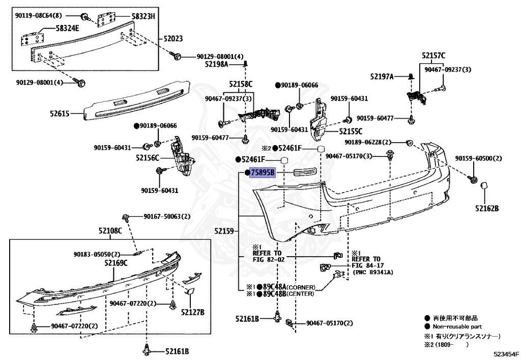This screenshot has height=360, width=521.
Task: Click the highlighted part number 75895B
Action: tap(263, 173)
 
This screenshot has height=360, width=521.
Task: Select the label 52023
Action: tap(173, 38)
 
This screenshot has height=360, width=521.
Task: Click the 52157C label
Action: tap(433, 56)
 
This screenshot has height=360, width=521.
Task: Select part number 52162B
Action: tap(487, 208)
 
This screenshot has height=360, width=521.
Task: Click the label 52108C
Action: tap(110, 231)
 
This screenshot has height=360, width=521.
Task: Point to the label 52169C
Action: tap(116, 263)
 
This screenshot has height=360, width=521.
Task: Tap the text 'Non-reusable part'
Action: tap(457, 326)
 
